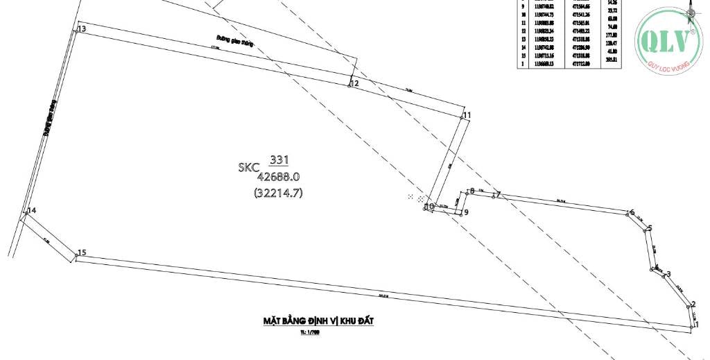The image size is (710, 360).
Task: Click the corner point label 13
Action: tap(82, 29)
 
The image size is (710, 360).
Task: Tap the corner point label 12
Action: tap(355, 83)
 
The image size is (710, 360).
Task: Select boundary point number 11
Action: tap(467, 115)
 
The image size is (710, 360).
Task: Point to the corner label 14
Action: tap(31, 210)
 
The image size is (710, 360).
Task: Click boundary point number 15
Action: tap(82, 253)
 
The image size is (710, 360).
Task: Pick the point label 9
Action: tap(467, 212)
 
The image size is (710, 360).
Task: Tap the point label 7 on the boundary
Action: tap(498, 195)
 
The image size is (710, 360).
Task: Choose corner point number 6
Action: tap(632, 212)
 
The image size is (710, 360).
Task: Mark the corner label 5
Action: tap(650, 228)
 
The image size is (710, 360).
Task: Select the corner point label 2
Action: tap(693, 305)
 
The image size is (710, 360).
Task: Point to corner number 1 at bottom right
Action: tap(697, 324)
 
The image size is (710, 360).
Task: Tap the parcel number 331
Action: tap(279, 160)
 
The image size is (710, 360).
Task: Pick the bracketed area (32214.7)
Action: tap(279, 194)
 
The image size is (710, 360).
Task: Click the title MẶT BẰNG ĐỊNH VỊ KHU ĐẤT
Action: tap(313, 321)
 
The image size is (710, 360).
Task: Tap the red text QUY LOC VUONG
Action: tap(669, 67)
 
